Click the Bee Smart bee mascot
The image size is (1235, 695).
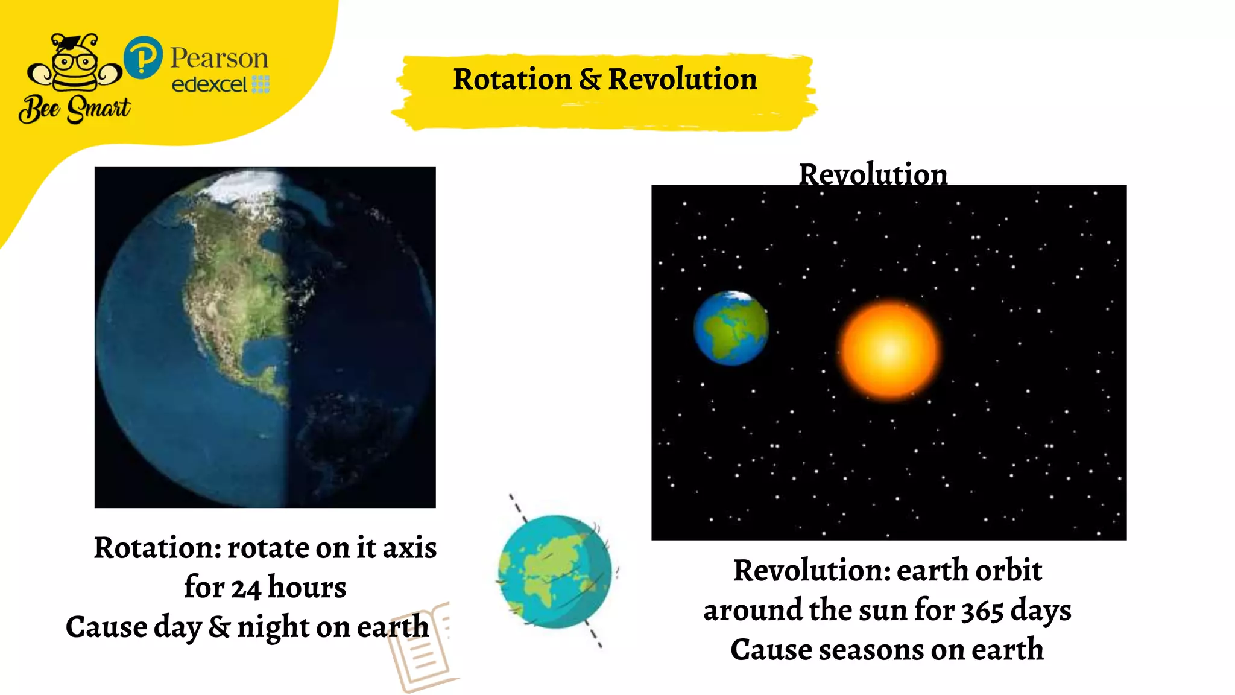pos(75,63)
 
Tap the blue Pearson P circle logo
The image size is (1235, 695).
pos(143,58)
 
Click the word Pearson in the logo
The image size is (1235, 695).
pos(219,59)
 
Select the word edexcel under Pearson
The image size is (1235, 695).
pos(209,84)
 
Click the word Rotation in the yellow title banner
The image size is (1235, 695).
pos(512,80)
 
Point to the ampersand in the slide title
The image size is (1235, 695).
pos(590,80)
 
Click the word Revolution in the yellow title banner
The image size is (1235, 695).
pos(682,80)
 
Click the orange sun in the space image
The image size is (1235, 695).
pos(889,350)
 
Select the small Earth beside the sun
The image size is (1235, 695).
pos(731,328)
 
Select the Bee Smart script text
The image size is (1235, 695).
pos(75,109)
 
